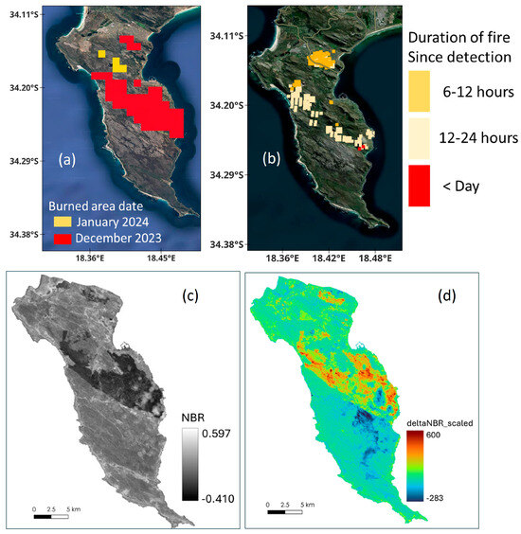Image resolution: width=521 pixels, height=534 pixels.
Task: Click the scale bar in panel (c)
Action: tap(51, 516)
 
